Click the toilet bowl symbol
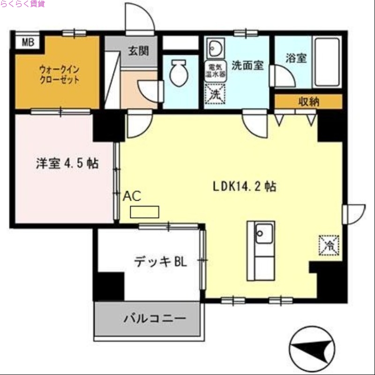[x=178, y=74]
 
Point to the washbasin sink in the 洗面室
[x=216, y=48]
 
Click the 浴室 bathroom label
[x=296, y=58]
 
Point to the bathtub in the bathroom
[x=327, y=61]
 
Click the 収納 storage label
[x=308, y=101]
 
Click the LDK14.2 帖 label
[x=244, y=186]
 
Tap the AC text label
[x=132, y=196]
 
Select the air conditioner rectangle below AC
[x=144, y=212]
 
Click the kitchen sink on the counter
[x=264, y=232]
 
